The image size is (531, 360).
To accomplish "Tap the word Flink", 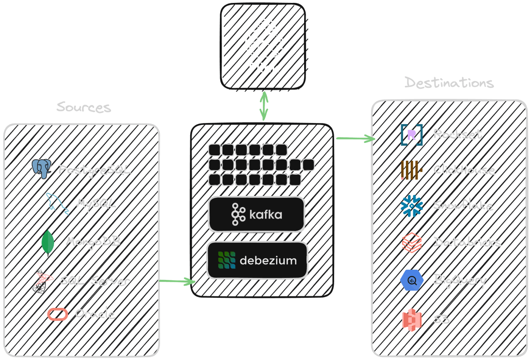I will (x=264, y=68).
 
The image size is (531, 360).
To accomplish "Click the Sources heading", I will (x=84, y=107).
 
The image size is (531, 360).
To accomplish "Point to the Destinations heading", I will (x=449, y=83).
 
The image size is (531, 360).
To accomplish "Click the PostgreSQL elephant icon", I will (x=42, y=168).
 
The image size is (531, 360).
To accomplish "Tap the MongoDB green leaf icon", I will (x=47, y=242).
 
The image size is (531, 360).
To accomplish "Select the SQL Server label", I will (x=95, y=280).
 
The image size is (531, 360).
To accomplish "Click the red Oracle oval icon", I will (x=57, y=314).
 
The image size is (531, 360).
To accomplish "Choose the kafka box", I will (x=256, y=214).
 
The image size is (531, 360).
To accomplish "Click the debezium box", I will (x=257, y=261).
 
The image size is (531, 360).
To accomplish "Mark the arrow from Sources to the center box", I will (x=177, y=281).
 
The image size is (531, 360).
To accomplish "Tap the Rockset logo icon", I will (x=411, y=135).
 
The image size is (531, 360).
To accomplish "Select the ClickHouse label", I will (x=464, y=170).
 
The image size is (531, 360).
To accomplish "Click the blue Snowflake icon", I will (x=411, y=206).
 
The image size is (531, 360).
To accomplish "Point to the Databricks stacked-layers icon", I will (x=411, y=242).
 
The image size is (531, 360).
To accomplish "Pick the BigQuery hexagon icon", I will (x=411, y=280).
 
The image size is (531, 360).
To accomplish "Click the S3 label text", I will (x=441, y=319).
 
